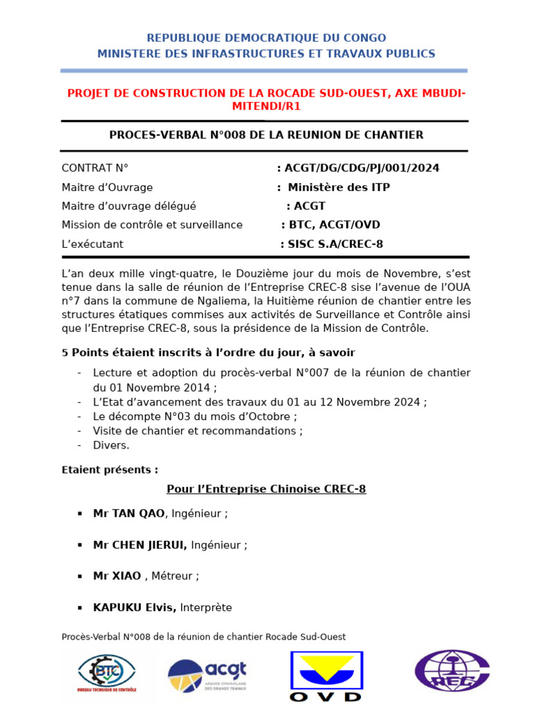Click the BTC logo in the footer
(x=107, y=674)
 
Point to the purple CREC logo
(x=452, y=671)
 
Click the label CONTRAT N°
(x=95, y=168)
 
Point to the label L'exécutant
(x=92, y=244)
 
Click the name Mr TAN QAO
(x=129, y=514)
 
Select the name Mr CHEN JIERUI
(x=140, y=545)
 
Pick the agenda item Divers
(x=111, y=446)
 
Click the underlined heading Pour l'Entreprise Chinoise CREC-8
(x=266, y=489)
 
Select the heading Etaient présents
(x=110, y=470)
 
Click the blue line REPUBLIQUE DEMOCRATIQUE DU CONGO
(x=266, y=38)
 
